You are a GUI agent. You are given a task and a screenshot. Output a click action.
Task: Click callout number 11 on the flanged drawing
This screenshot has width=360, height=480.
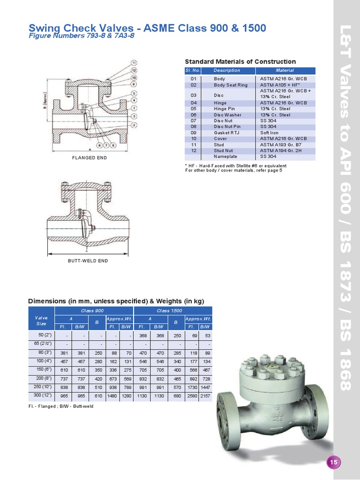[x=134, y=63]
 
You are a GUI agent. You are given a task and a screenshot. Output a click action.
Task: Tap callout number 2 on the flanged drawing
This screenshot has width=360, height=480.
[x=134, y=125]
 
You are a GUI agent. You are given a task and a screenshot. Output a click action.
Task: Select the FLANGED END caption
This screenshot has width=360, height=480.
[x=90, y=158]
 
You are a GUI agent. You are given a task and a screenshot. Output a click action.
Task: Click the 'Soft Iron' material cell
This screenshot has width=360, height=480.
[x=270, y=133]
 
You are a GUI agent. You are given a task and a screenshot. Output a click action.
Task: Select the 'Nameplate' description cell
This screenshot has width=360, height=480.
[x=225, y=157]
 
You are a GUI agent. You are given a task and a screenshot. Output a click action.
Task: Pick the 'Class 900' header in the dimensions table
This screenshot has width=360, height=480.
[x=94, y=311]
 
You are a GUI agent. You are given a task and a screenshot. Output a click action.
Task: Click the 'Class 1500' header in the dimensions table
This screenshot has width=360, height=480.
[x=173, y=311]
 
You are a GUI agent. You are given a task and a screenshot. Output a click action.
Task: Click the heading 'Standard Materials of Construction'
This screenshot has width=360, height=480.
[x=240, y=61]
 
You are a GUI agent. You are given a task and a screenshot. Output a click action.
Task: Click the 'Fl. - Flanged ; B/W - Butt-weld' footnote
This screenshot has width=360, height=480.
[x=61, y=406]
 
